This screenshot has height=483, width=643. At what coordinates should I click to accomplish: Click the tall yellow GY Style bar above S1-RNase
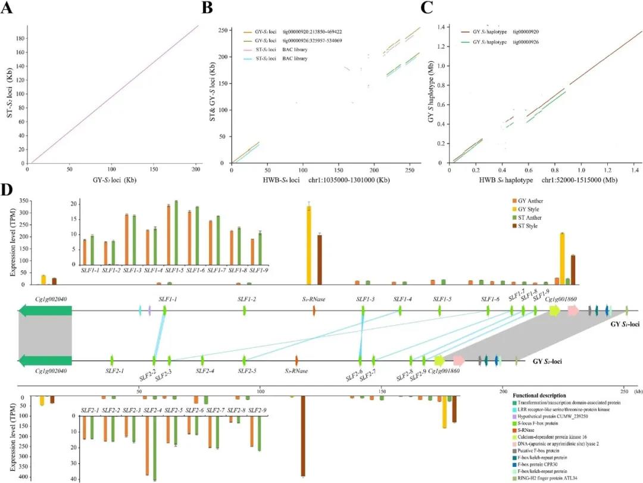click(309, 245)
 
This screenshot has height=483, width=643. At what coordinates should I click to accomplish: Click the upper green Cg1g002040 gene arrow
click(45, 310)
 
